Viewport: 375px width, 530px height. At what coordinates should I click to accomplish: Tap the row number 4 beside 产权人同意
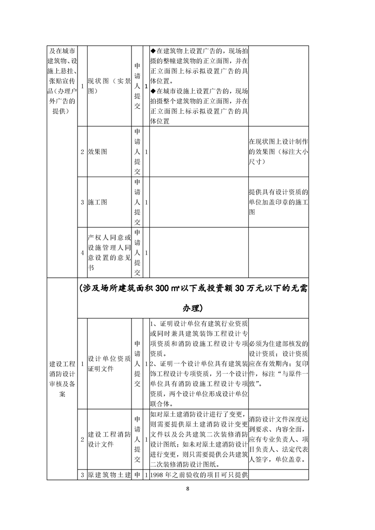tap(83, 253)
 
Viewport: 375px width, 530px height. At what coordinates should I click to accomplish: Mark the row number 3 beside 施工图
tap(83, 202)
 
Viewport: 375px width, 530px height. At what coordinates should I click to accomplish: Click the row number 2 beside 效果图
tap(83, 152)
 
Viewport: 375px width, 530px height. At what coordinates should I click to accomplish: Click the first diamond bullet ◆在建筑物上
tap(153, 51)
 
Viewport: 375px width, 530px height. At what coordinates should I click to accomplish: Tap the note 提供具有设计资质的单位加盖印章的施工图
tap(279, 202)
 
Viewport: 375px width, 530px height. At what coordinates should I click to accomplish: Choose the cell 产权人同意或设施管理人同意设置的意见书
tap(109, 253)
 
